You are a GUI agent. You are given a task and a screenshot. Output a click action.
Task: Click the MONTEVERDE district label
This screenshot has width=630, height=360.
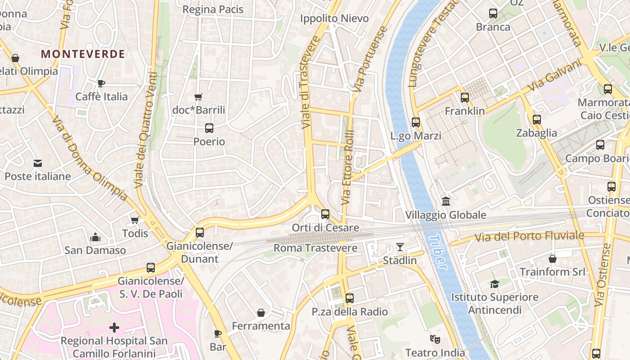83,54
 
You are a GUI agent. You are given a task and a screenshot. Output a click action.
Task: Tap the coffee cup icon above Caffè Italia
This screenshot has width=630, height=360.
101,83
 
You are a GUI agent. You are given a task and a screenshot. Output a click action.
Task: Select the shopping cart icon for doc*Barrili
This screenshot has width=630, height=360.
198,97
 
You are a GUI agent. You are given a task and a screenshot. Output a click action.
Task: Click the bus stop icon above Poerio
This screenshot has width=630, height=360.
209,128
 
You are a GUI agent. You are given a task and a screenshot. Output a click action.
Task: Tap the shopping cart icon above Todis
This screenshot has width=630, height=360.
135,220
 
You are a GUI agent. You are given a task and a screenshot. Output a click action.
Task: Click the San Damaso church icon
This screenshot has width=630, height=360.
95,237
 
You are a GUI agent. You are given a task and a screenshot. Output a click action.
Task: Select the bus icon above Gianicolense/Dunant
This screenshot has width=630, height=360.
200,233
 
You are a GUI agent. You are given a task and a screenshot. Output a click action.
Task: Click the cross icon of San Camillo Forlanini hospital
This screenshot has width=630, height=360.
114,327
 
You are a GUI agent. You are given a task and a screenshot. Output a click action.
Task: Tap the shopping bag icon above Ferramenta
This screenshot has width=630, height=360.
261,312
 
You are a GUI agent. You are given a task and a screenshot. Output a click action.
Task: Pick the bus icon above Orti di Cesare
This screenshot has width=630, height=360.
325,214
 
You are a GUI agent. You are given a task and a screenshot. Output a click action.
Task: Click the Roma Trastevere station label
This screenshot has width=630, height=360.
315,248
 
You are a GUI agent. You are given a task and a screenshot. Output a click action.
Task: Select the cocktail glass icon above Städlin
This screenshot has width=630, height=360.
400,247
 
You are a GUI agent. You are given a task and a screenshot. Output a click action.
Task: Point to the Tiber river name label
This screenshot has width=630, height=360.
438,252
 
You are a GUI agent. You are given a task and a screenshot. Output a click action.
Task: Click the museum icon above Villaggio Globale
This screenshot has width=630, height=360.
446,201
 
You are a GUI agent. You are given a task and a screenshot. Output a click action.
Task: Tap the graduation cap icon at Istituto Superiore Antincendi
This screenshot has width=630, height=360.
495,284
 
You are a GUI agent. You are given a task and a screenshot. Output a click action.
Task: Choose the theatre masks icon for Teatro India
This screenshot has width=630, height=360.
435,339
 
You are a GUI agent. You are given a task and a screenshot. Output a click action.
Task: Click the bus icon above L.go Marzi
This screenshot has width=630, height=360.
416,122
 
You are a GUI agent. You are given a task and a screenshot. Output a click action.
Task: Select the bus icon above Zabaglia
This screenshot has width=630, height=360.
536,120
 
